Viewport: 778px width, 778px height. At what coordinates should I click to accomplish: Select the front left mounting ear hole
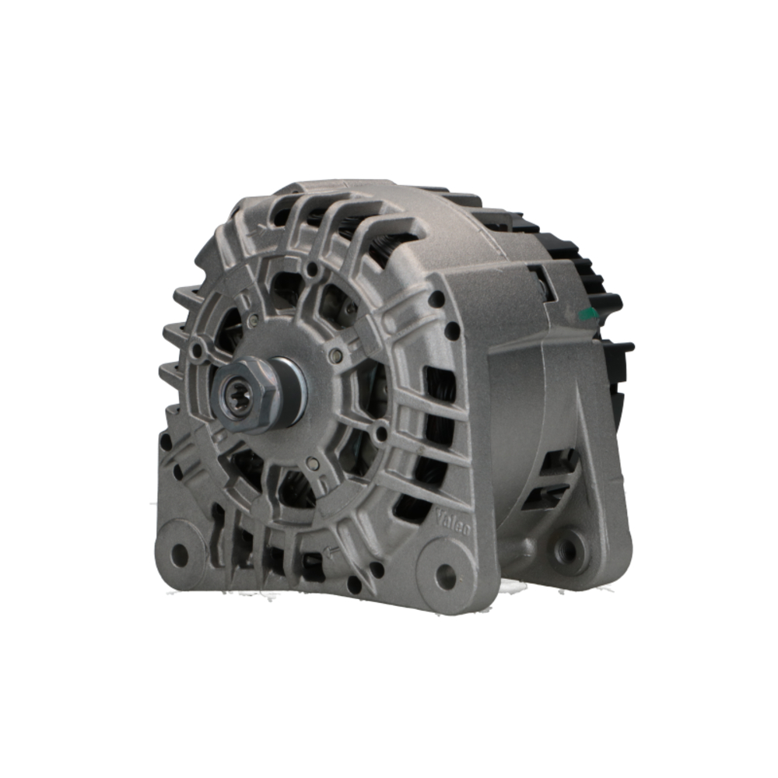(x=179, y=554)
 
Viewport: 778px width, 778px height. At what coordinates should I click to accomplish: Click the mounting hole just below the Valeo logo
(x=446, y=576)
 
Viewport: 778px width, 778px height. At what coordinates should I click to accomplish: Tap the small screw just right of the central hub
(x=335, y=356)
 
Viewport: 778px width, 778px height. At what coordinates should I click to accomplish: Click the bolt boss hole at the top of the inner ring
(x=312, y=270)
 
